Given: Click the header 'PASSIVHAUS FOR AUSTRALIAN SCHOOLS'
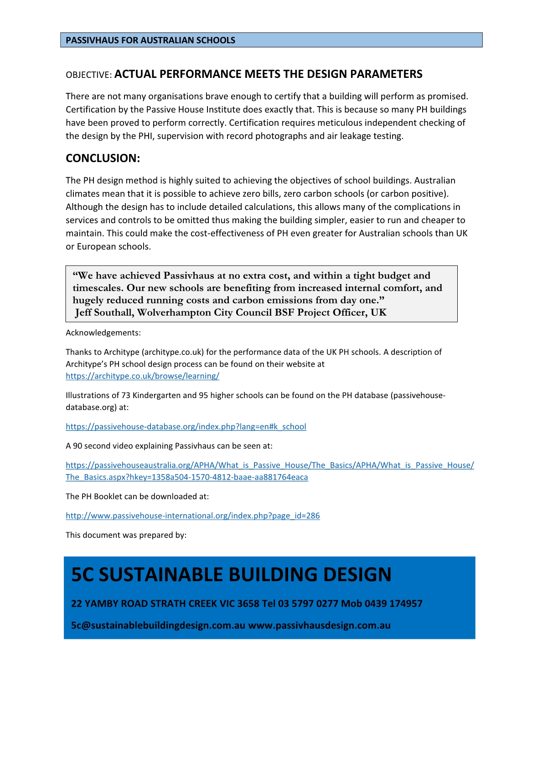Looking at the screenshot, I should pos(150,40).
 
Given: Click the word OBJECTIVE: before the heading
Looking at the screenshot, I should pos(88,75).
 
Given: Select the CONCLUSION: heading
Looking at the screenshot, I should pos(103,158).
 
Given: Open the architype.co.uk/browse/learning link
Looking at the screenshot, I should pos(142,376).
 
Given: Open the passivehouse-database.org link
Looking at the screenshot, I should pos(186,427).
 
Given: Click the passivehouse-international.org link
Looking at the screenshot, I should pos(192,516).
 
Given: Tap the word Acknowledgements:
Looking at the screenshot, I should pos(103,333).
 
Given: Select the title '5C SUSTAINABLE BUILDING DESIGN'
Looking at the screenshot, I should pos(231,575).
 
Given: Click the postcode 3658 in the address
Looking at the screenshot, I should pos(248,604).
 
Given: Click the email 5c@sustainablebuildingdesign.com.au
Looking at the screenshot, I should pos(158,625).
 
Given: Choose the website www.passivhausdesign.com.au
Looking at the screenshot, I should pos(319,625).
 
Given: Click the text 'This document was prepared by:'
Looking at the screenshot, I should pos(126,535).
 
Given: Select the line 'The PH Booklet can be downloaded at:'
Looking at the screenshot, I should pos(137,496).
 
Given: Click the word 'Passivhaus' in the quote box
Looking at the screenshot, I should pos(188,276).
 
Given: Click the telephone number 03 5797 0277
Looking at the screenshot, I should pos(308,604).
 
